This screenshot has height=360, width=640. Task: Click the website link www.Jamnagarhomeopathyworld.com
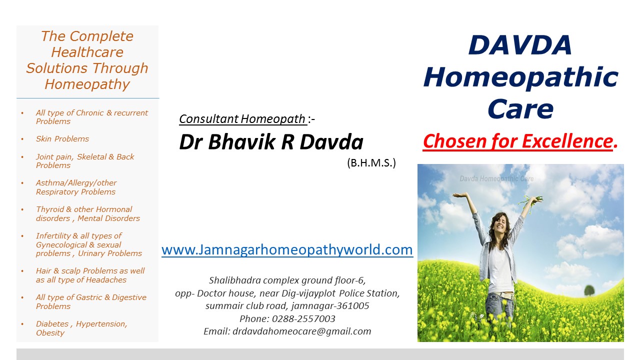(287, 249)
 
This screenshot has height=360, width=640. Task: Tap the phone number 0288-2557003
(303, 318)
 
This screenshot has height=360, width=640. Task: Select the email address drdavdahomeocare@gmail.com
(301, 331)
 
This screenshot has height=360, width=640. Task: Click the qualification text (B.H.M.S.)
(371, 163)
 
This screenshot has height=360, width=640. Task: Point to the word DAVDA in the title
(520, 45)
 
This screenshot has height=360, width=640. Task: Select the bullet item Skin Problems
(62, 139)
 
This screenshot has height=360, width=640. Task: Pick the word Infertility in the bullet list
(53, 235)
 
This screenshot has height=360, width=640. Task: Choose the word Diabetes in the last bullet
(52, 323)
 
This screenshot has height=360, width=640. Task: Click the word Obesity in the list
(50, 333)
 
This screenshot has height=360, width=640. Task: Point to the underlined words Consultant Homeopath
(242, 119)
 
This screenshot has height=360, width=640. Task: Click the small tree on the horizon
(589, 290)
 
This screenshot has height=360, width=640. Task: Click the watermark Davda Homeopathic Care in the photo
(496, 179)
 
